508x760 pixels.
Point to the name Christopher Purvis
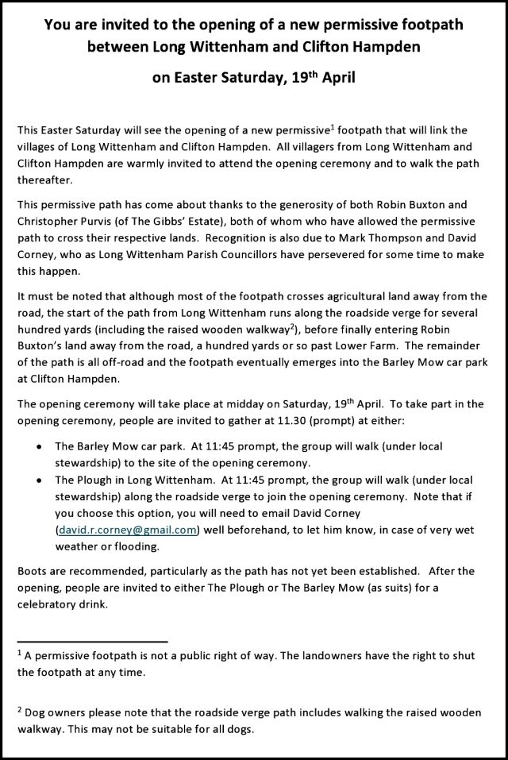coord(63,221)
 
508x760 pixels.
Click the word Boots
coord(32,570)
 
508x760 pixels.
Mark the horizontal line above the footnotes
coord(92,640)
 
